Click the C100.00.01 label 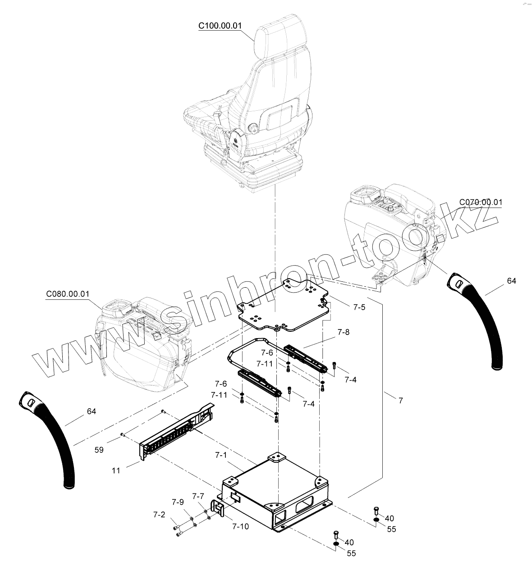pos(220,26)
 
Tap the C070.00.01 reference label pos(481,202)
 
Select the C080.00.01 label pos(68,294)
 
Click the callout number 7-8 pos(343,333)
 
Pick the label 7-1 pos(221,456)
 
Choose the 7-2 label pos(159,514)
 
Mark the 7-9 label pos(178,502)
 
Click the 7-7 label pos(198,496)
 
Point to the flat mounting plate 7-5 pos(284,306)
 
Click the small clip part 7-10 pos(219,510)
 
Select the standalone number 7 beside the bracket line pos(401,400)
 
